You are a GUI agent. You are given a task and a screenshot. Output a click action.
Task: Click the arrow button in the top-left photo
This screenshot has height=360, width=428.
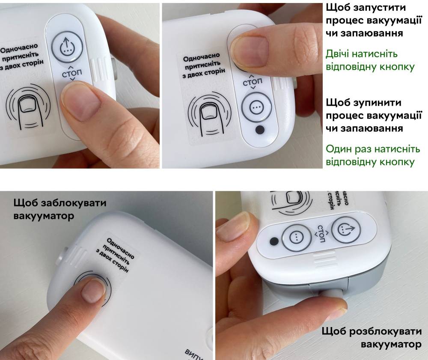click(x=67, y=47)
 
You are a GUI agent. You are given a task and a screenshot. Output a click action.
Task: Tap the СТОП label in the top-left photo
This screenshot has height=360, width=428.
click(x=71, y=74)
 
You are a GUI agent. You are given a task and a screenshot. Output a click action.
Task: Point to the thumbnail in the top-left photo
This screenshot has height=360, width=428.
click(x=82, y=102)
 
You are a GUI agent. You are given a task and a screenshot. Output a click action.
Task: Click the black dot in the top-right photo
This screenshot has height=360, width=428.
click(x=260, y=129)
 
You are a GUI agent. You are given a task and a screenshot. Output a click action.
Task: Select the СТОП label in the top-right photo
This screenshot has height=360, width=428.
click(x=252, y=82)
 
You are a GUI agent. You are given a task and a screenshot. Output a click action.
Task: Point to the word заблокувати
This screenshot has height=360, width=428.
click(x=74, y=203)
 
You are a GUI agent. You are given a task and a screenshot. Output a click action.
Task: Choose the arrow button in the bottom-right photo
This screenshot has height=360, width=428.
click(x=346, y=230)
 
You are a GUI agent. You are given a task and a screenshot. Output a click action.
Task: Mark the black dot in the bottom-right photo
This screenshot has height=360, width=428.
click(x=274, y=241)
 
